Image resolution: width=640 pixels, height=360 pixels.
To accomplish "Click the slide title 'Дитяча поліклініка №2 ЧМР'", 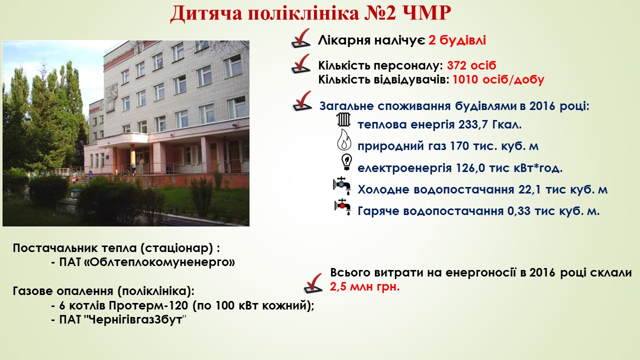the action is click(x=310, y=13).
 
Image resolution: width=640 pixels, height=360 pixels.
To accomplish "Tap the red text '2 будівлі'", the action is click(x=457, y=40).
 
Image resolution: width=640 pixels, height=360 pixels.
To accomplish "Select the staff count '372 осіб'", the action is click(x=471, y=65).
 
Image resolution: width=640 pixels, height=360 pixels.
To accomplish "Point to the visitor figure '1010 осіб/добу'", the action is click(x=498, y=79).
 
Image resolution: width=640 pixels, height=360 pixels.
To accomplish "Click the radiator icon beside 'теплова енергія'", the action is click(x=343, y=119).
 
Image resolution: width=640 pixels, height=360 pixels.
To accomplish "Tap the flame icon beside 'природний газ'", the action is click(x=344, y=139).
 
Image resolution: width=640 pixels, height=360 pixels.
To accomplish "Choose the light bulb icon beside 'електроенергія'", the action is click(x=347, y=162).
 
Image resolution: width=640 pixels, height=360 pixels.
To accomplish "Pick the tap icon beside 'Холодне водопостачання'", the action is click(x=342, y=185).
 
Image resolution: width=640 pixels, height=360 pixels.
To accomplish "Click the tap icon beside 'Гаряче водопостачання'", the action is click(x=343, y=207).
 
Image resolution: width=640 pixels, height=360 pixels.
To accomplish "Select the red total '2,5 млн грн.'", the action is click(x=364, y=286).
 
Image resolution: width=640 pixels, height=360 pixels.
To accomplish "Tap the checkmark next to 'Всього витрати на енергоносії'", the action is click(x=313, y=283).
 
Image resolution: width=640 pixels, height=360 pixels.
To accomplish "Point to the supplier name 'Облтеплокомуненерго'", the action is click(x=147, y=262).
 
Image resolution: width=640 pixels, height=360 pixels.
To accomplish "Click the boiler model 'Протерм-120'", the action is click(x=148, y=305).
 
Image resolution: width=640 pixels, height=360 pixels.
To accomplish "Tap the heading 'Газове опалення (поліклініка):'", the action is click(x=103, y=291).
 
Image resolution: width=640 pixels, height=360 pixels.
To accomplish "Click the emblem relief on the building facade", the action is click(x=111, y=97).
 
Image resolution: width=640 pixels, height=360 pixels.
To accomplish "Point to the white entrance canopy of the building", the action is click(x=123, y=140).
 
